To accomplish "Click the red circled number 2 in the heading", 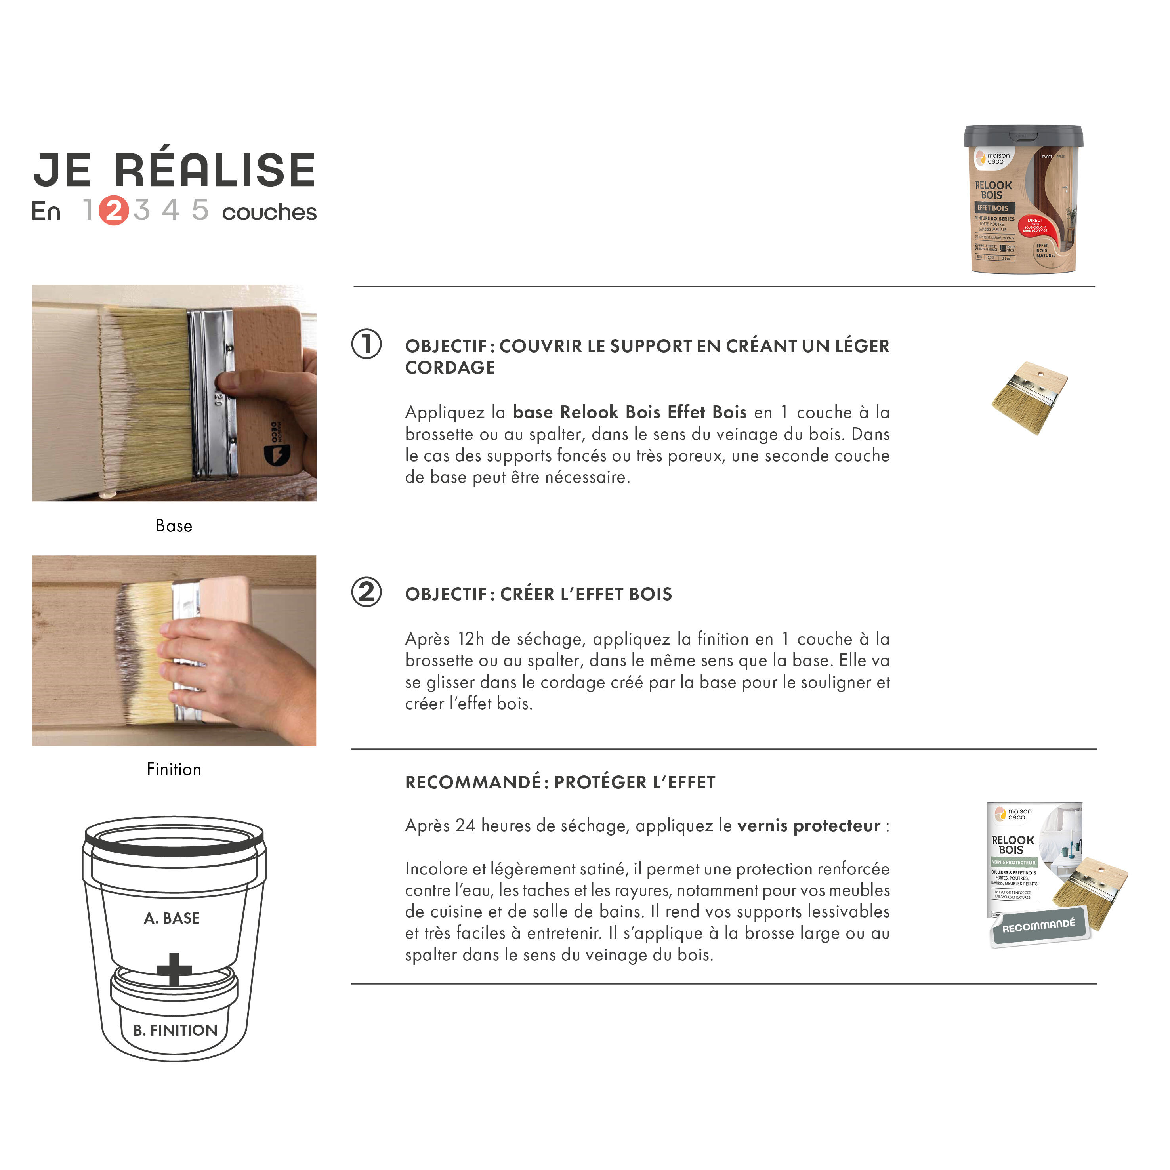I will pos(114,211).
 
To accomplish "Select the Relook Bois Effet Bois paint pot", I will pos(1023,200).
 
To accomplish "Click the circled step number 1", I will pos(366,345).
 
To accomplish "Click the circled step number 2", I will pos(366,592).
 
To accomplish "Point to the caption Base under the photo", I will pos(174,526).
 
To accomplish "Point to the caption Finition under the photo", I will pos(174,769).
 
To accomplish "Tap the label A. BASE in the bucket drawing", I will pos(172,918).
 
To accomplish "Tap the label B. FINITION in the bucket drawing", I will pos(175,1030).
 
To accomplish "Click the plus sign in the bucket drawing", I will pos(174,970).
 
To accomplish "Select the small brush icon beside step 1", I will pos(1029,398).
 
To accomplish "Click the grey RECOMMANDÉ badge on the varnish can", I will pos(1038,927).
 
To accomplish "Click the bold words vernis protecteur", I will pos(809,826).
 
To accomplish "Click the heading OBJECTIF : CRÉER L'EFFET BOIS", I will pos(538,594).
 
